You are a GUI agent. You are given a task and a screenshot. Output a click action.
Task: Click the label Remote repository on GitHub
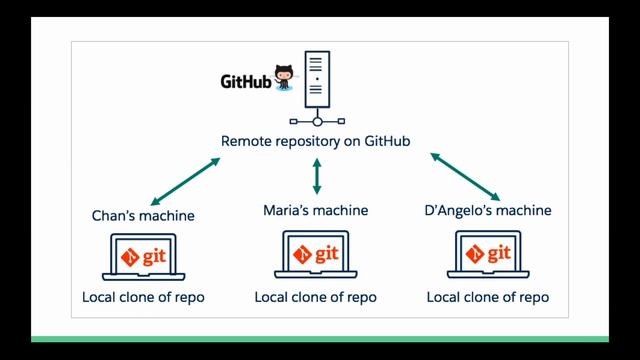click(x=317, y=141)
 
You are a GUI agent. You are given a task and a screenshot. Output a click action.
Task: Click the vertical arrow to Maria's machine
click(x=317, y=176)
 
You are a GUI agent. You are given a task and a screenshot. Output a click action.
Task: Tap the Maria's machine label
click(x=316, y=210)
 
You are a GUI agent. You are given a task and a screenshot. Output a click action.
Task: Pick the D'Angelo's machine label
click(x=487, y=210)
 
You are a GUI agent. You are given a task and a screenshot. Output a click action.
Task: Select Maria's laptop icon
click(x=316, y=257)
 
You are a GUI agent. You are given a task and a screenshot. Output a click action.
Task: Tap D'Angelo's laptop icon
click(x=488, y=257)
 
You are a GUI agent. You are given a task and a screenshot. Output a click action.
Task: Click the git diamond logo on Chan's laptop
click(x=128, y=255)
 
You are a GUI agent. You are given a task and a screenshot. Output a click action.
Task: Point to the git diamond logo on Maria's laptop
click(x=299, y=255)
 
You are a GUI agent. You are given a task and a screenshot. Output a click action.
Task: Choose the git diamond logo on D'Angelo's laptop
click(x=471, y=255)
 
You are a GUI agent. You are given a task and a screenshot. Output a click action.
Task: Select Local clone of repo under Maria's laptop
click(x=316, y=297)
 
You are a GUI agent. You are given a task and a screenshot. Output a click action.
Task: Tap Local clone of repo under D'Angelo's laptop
click(x=488, y=297)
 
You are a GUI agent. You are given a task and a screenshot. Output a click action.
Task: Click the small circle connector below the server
click(x=316, y=122)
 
